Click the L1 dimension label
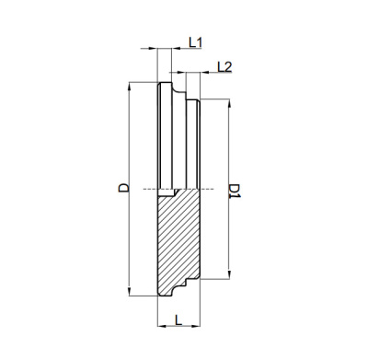click(x=195, y=42)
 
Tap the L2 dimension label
click(x=224, y=66)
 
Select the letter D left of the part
click(x=123, y=188)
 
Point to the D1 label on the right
click(x=236, y=191)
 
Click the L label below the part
click(x=178, y=320)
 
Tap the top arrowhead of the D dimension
click(x=130, y=87)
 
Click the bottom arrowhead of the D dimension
click(x=130, y=291)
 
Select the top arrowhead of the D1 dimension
click(x=229, y=103)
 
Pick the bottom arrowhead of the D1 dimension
click(x=229, y=274)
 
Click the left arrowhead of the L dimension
click(x=162, y=326)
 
